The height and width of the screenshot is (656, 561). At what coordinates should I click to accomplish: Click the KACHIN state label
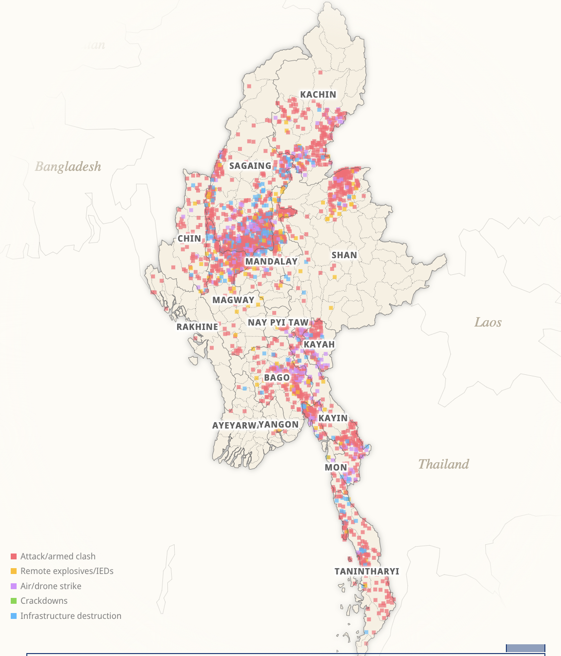(x=318, y=95)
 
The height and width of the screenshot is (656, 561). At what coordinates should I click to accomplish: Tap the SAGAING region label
(x=250, y=166)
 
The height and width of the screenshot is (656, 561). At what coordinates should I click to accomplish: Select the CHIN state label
(x=189, y=239)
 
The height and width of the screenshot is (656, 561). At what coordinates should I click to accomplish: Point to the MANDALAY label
(x=271, y=262)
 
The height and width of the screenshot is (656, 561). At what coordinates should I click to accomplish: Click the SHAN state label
(x=344, y=255)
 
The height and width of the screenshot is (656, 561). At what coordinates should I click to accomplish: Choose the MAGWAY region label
(x=233, y=300)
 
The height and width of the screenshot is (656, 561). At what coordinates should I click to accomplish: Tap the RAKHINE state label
(x=197, y=327)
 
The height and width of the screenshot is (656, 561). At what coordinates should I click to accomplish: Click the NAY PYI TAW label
(x=278, y=323)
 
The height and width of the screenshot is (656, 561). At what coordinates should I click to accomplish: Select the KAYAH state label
(x=320, y=345)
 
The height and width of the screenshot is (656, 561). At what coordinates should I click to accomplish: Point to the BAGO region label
(x=277, y=378)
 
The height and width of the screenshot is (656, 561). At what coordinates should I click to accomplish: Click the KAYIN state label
(x=333, y=418)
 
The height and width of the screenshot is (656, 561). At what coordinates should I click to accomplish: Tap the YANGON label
(x=279, y=425)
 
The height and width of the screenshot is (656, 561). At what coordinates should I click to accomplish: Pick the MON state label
(x=336, y=468)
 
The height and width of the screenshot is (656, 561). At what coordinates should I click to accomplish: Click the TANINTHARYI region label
(x=367, y=572)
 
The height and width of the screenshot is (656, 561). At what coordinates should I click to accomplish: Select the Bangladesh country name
(x=68, y=167)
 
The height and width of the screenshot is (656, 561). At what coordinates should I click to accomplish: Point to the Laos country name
(x=488, y=323)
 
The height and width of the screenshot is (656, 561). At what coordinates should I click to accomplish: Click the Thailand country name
(x=443, y=464)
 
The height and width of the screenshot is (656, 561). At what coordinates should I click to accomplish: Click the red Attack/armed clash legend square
(x=14, y=556)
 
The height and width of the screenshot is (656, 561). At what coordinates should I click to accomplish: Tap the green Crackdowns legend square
(x=14, y=601)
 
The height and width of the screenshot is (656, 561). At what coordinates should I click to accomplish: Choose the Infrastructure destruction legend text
(x=71, y=616)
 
